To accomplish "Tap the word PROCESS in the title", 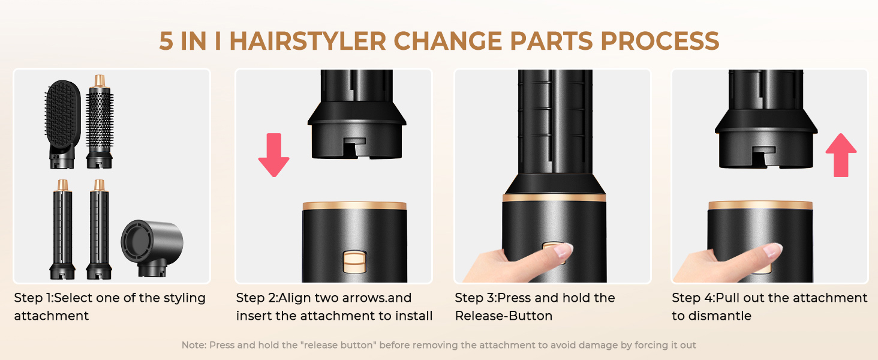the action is coord(660,41).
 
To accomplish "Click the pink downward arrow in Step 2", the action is coord(273,155).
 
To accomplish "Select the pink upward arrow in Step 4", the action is coord(841,155).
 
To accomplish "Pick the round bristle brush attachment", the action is coord(100,122).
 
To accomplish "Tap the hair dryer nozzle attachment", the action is coord(152,248).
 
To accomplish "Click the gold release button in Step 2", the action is coord(354,262).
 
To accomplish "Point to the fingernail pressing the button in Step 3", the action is coord(564,250).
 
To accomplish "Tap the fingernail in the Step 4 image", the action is coord(772,250).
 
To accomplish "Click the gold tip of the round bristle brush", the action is coord(100,81).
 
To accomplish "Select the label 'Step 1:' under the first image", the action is coord(34,298).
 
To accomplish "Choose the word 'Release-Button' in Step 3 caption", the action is coord(504,316).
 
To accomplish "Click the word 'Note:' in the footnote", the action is coord(194,345).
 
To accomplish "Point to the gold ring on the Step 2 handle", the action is coord(354,205).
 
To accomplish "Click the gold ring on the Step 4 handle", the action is coord(760,205).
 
